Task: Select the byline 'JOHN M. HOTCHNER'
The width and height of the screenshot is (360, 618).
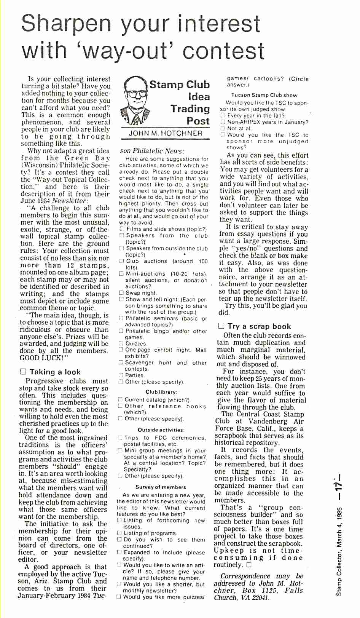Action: tap(166, 133)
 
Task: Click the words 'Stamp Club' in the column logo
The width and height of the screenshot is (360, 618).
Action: tap(179, 85)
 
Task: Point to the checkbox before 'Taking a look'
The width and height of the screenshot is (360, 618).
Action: tap(23, 372)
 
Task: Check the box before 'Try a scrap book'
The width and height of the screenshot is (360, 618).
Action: tap(221, 326)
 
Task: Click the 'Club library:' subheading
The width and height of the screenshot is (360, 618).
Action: tap(161, 392)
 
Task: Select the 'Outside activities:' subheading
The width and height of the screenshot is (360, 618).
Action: tap(161, 430)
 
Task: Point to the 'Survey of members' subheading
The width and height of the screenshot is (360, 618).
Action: tap(161, 487)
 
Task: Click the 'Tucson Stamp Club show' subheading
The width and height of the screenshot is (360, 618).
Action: tap(264, 95)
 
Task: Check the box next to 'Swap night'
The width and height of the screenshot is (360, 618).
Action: tap(121, 293)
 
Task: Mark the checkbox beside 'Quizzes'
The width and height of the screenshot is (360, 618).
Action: tap(121, 343)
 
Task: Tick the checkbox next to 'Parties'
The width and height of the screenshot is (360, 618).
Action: tap(121, 375)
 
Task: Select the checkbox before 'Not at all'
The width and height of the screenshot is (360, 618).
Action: tap(223, 128)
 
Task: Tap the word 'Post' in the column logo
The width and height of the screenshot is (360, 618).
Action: tap(198, 121)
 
